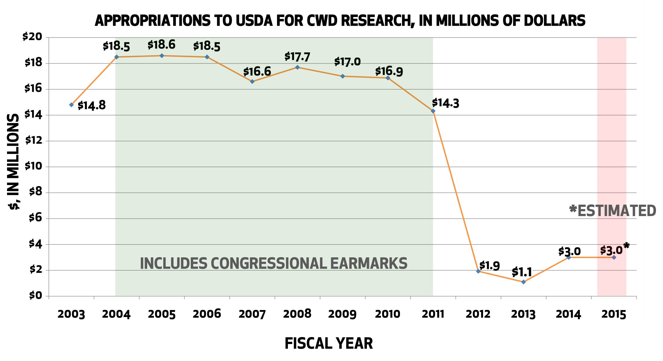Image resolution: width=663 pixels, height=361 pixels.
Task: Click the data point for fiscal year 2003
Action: tap(71, 105)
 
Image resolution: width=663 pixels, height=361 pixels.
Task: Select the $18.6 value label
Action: tap(162, 45)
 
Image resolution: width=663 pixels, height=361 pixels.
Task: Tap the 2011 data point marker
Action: tap(433, 111)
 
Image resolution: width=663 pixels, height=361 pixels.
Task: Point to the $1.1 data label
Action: tap(522, 272)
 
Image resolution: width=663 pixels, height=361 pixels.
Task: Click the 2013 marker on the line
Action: tap(523, 282)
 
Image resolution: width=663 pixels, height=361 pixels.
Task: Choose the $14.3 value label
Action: tap(446, 103)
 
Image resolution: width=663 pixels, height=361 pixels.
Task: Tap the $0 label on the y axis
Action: tap(36, 296)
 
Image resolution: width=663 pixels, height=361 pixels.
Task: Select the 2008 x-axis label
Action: tap(297, 314)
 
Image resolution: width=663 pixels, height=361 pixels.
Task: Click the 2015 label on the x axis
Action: tap(614, 314)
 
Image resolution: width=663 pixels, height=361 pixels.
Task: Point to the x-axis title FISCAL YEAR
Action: tap(329, 343)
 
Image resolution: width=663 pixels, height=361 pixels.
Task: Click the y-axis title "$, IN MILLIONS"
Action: tap(13, 162)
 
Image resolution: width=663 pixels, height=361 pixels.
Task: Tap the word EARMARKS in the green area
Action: tap(369, 263)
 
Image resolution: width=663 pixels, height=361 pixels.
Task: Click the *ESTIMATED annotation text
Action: tap(612, 211)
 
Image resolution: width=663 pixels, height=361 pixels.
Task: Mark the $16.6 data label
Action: tap(257, 71)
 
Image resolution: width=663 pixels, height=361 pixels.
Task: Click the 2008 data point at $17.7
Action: tap(297, 67)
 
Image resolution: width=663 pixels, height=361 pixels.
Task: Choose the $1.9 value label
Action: tap(489, 266)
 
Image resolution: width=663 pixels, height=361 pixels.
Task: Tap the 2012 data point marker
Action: tap(478, 271)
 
